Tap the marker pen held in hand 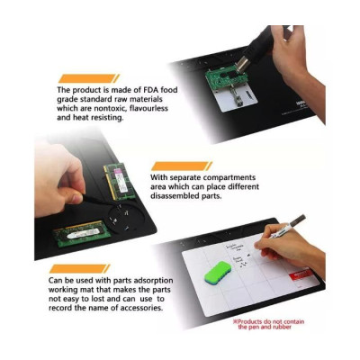pos(287,227)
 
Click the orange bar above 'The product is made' pos(89,78)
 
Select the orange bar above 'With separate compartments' pos(182,166)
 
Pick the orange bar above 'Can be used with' pos(80,269)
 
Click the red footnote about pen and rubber pos(269,324)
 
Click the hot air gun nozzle pos(242,66)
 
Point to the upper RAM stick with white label pos(119,182)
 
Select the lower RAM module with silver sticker pos(82,234)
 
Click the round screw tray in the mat pos(126,217)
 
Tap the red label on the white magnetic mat pos(301,276)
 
